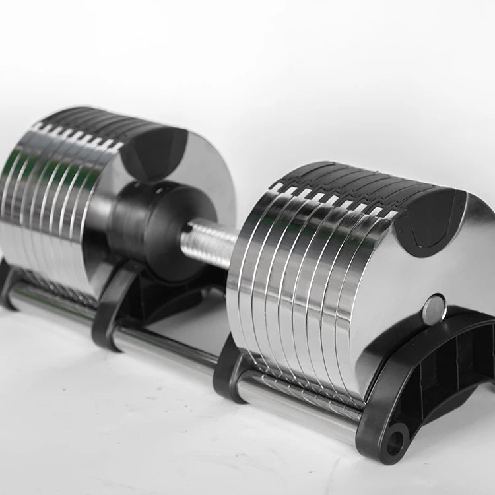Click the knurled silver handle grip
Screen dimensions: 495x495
point(208,244)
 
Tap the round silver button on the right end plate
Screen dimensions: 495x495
point(433,310)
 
